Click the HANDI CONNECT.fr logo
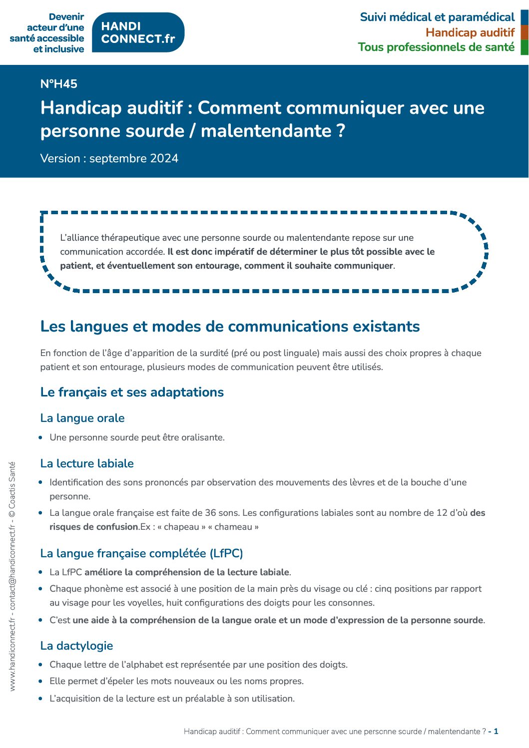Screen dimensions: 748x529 click(138, 32)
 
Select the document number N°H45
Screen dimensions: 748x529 click(59, 84)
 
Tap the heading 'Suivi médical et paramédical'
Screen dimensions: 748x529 click(437, 17)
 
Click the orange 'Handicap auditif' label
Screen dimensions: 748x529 click(470, 32)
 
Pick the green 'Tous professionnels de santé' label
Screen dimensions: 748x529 click(436, 47)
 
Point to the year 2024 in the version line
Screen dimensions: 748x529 click(164, 158)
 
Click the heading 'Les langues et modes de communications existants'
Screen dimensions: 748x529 click(230, 326)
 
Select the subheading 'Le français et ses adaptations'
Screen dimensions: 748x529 click(132, 392)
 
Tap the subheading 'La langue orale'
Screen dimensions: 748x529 click(82, 418)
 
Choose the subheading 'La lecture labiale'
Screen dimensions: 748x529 click(87, 463)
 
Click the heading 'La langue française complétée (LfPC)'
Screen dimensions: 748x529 click(141, 553)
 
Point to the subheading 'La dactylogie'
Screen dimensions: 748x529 click(76, 646)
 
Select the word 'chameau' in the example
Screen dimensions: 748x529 click(233, 527)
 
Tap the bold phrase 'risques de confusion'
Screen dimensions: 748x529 click(94, 527)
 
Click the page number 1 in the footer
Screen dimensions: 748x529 click(496, 732)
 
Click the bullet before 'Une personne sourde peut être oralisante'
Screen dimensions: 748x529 click(41, 437)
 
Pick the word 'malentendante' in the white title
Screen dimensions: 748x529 click(266, 131)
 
